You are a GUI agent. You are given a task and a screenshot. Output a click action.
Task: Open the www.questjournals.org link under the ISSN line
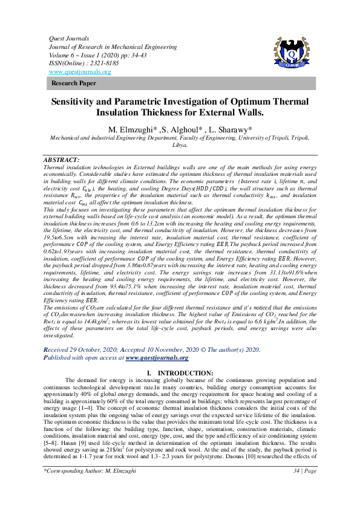pos(79,72)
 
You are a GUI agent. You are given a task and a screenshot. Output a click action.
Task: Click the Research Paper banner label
pos(74,83)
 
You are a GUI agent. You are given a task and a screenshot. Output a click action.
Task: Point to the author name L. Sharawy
pos(235,130)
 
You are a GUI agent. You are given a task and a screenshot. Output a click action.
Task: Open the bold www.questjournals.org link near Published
pos(157,357)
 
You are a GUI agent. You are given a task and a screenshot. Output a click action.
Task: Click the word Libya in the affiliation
pos(180,145)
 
